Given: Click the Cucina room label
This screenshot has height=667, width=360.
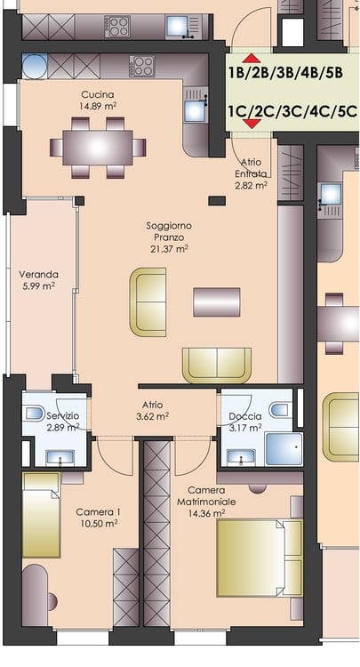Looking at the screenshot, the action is click(x=98, y=94).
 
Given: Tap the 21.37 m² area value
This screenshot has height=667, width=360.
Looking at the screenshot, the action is click(x=169, y=249).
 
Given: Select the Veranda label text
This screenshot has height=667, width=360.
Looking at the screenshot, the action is click(x=39, y=275).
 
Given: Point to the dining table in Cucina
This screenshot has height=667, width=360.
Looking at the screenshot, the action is click(x=98, y=148).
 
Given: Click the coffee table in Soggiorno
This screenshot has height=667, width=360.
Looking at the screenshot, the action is click(x=217, y=302).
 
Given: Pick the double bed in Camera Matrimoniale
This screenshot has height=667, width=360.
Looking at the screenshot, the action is click(x=260, y=558).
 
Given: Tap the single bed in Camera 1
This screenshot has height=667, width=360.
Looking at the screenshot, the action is click(x=41, y=515).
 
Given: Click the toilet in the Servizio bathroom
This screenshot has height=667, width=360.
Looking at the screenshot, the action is click(x=33, y=412).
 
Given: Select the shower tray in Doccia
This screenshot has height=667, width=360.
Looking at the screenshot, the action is click(x=284, y=449).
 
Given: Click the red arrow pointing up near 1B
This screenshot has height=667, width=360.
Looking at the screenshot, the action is click(x=252, y=59).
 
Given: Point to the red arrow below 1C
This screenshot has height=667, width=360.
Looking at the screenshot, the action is click(x=252, y=124).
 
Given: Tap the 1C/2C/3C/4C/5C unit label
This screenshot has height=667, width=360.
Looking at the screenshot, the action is click(x=292, y=111).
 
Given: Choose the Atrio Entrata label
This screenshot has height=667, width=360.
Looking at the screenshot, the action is click(x=252, y=168).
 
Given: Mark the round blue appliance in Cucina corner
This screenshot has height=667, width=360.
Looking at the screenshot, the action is click(x=35, y=67).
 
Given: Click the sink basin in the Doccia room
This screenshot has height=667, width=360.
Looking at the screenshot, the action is click(x=241, y=457).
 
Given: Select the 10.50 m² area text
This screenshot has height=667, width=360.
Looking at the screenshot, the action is click(x=99, y=523).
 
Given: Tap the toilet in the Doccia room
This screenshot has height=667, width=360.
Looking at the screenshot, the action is click(x=281, y=410).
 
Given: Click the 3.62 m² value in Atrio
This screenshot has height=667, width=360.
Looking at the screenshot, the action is click(x=153, y=417).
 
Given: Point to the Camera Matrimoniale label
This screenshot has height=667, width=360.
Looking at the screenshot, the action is click(x=206, y=496).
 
